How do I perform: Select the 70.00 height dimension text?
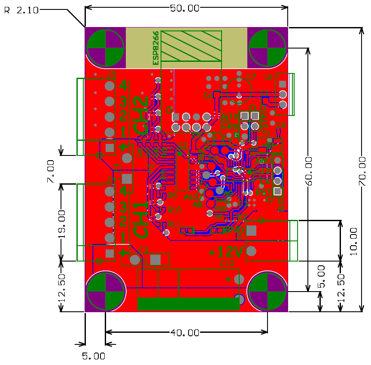[362, 171]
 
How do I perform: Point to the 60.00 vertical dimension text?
[310, 171]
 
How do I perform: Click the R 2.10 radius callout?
[21, 10]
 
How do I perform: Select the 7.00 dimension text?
[51, 171]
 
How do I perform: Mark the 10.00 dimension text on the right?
[353, 241]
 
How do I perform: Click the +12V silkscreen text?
[226, 251]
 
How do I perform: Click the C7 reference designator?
[252, 77]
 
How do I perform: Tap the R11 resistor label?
[174, 224]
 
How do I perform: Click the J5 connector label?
[111, 74]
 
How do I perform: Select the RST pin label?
[262, 194]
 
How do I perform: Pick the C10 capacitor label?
[227, 264]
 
